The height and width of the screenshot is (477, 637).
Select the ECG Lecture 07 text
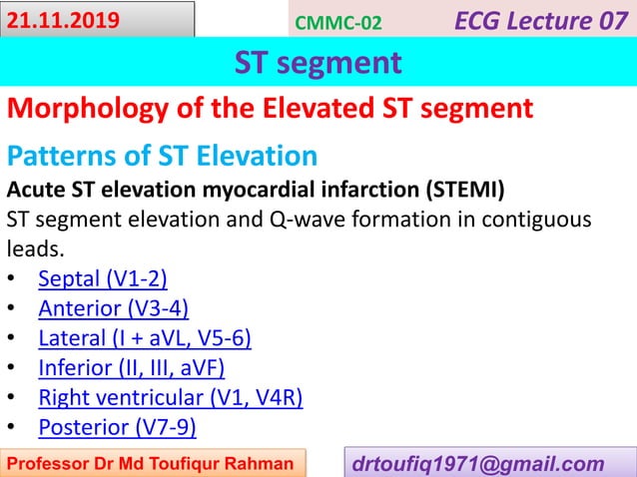[544, 19]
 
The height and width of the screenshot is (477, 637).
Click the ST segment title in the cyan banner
[318, 63]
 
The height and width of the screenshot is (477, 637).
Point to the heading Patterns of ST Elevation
[162, 157]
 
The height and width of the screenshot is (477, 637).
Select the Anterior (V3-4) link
[113, 307]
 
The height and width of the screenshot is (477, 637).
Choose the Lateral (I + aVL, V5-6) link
[144, 338]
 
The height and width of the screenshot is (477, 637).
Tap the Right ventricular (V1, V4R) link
[170, 398]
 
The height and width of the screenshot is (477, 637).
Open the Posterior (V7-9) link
[117, 428]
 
